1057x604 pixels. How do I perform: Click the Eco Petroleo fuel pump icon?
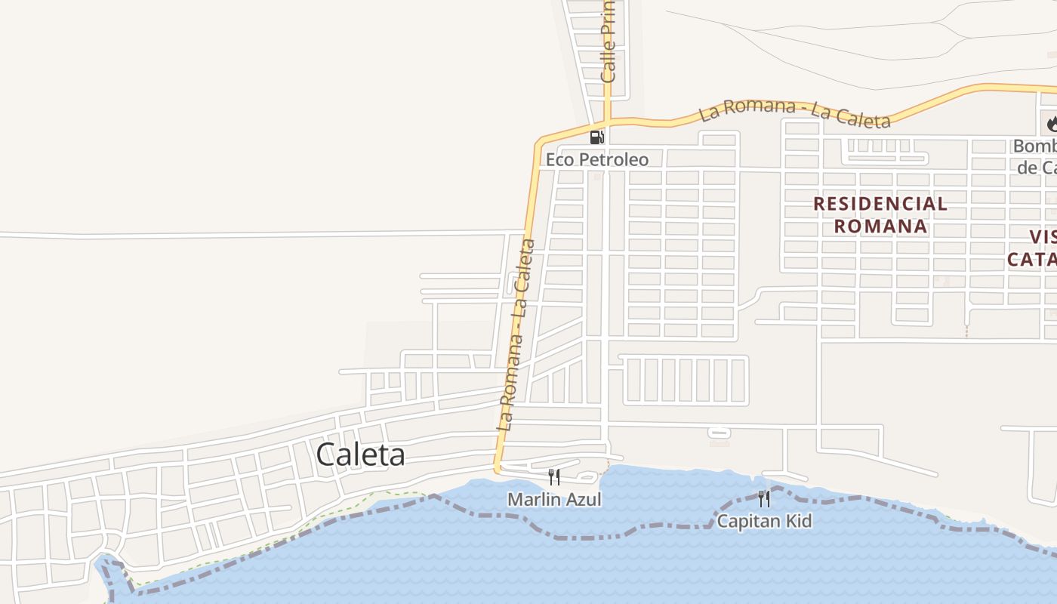pos(596,137)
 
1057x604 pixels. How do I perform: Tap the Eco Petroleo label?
pos(596,160)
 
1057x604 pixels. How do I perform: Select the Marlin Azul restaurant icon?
pos(554,476)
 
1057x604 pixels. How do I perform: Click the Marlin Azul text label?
pos(554,499)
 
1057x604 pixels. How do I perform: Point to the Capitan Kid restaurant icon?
pos(764,498)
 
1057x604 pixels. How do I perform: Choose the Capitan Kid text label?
pos(764,521)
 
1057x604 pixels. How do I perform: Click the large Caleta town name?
pos(360,455)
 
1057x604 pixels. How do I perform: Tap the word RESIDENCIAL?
pos(880,203)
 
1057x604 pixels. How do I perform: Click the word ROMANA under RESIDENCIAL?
pos(880,226)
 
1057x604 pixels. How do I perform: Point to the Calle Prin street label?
pos(609,42)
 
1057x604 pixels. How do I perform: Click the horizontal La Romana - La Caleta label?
pos(794,112)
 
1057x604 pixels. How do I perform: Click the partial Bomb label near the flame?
pos(1035,146)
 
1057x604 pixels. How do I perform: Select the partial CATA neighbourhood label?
pos(1032,260)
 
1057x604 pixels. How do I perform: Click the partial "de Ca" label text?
pos(1037,167)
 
